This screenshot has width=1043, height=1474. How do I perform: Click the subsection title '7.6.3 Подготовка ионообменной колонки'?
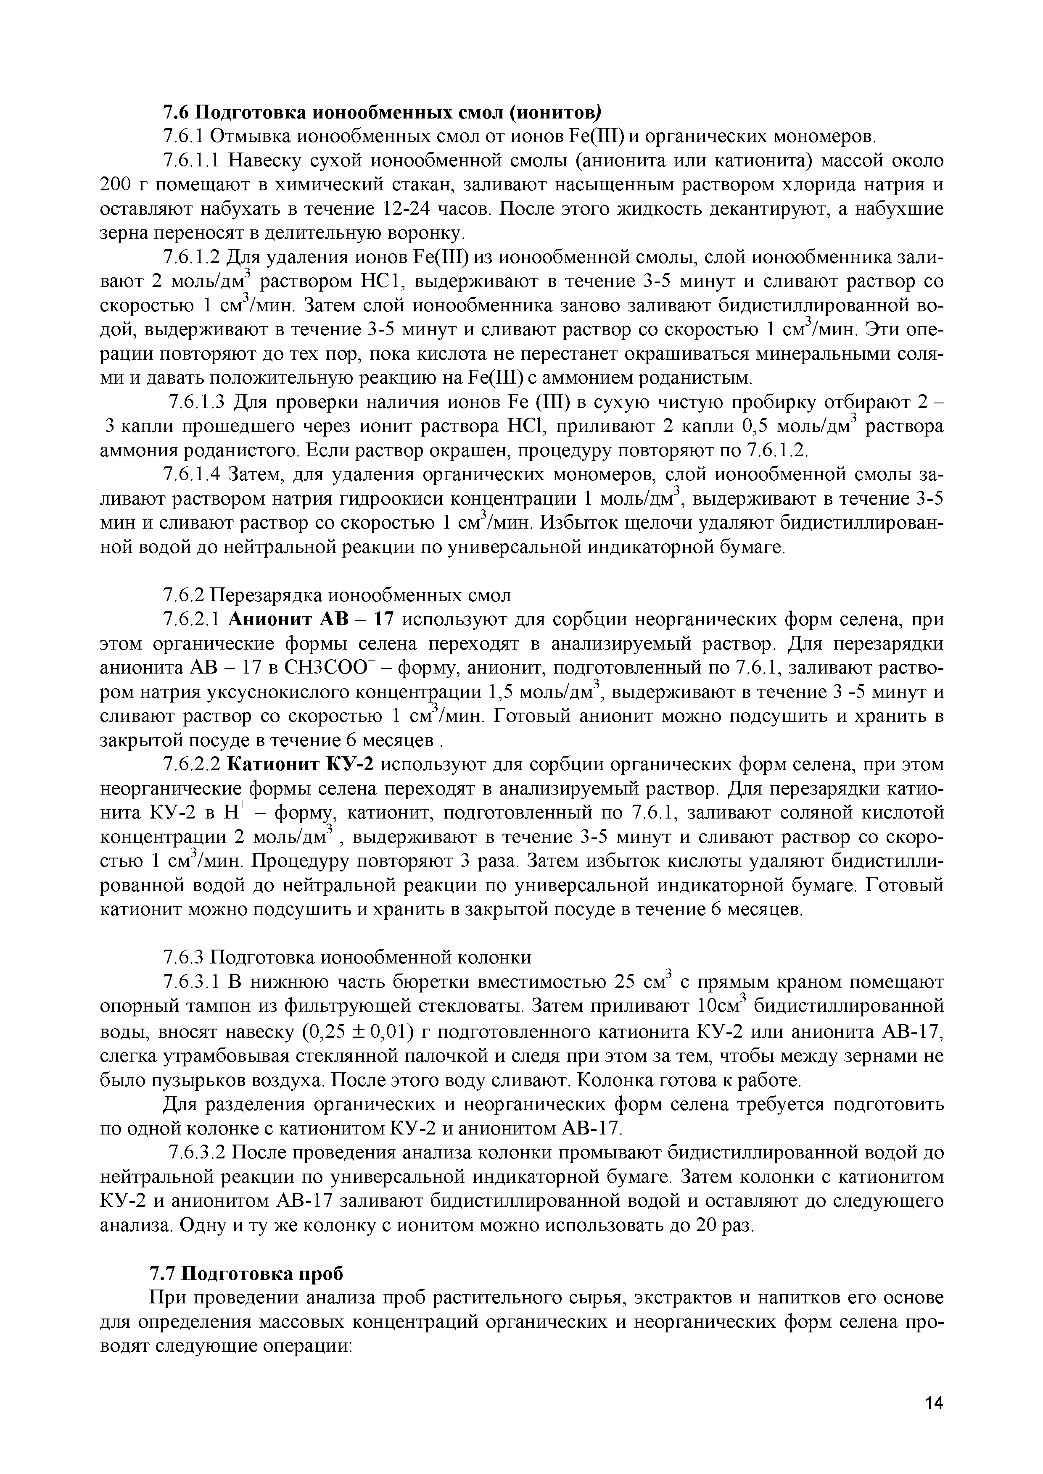point(347,957)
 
